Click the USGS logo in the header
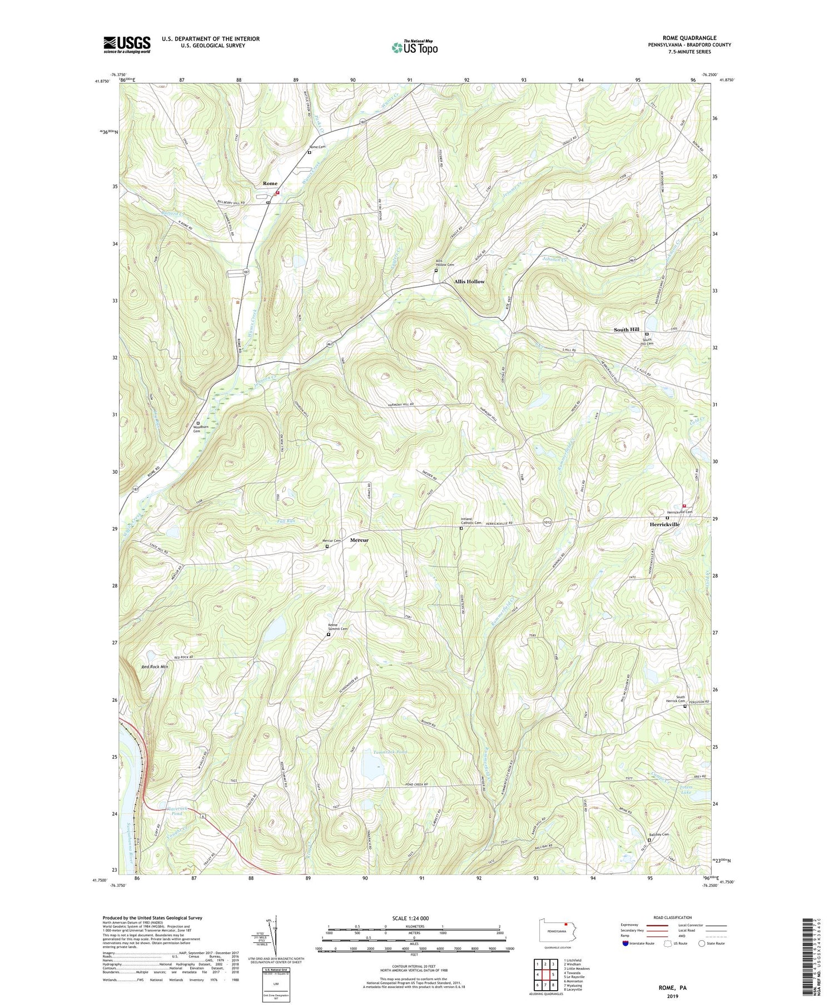coord(127,44)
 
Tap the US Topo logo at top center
coord(414,47)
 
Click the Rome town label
coord(270,183)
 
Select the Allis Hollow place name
coord(469,282)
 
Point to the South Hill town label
coord(626,330)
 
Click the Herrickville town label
coord(665,524)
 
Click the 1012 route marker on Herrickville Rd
coord(548,522)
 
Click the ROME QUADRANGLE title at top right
coord(689,38)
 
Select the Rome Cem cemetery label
coord(317,147)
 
